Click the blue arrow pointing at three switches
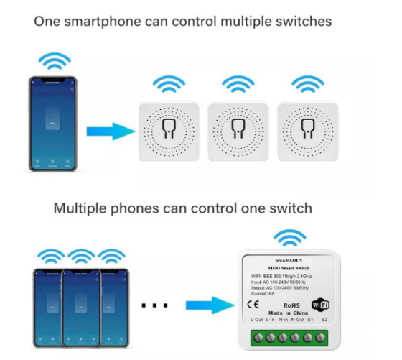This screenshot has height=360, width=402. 110,131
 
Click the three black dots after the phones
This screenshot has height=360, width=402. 154,305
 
